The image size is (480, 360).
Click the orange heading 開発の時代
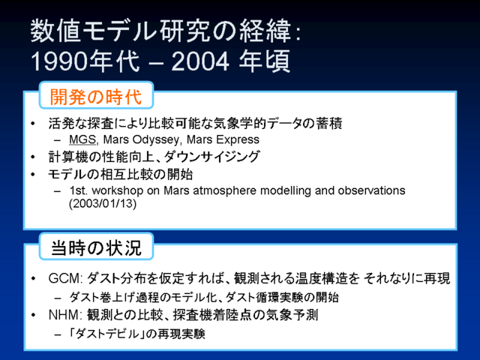pos(96,97)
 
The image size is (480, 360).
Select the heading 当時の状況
pos(96,247)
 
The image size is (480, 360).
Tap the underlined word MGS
pos(82,139)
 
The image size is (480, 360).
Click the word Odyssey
pos(141,140)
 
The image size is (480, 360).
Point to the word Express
pos(238,139)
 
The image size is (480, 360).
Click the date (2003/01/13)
pos(103,203)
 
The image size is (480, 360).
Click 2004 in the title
pos(200,61)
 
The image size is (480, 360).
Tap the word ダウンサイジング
pos(211,157)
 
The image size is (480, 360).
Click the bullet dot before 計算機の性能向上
pos(33,157)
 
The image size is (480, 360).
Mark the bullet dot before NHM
pos(33,315)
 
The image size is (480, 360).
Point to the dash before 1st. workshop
pos(57,191)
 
